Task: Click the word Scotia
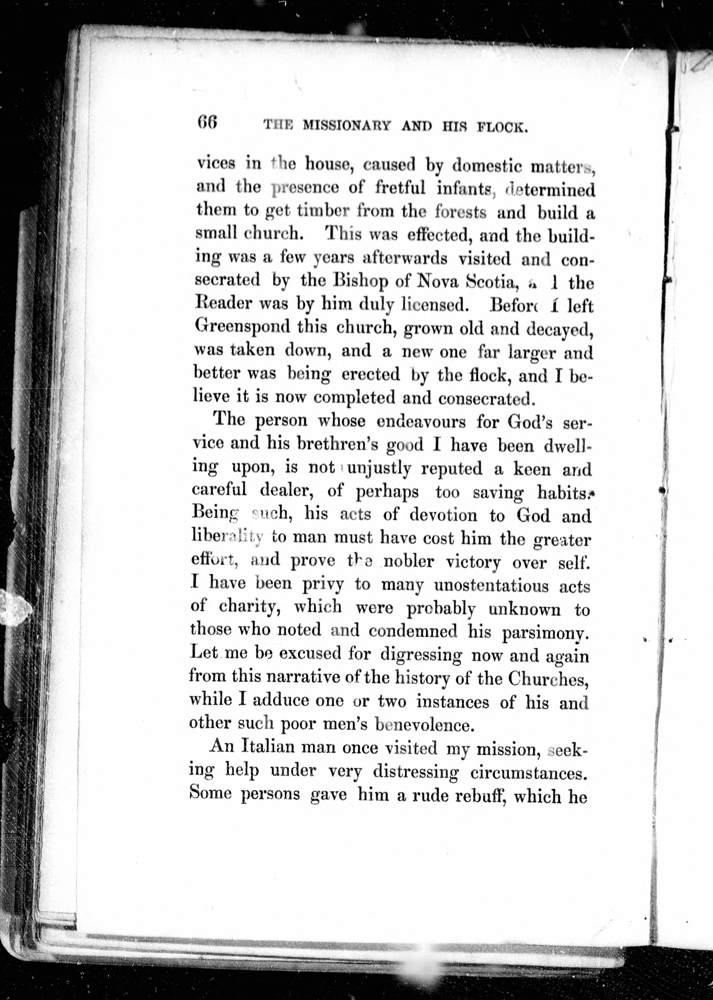click(489, 282)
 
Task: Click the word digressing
click(421, 655)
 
